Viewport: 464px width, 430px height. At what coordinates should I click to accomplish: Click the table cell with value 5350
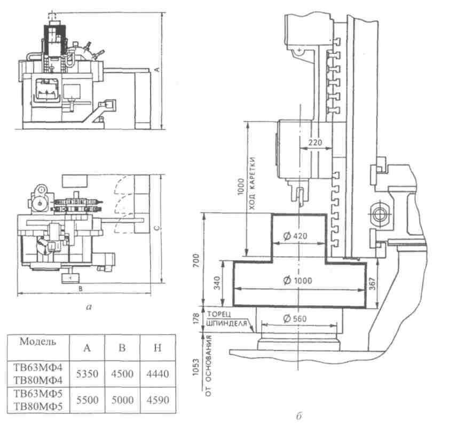87,374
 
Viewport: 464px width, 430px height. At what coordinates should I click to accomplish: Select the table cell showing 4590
158,400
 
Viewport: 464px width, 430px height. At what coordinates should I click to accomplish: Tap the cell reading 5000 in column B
122,400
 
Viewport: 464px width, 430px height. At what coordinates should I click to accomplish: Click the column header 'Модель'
37,342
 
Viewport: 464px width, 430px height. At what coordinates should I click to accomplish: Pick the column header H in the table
158,348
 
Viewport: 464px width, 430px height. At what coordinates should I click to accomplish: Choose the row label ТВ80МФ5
38,407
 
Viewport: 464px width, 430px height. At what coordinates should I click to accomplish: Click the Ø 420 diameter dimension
295,236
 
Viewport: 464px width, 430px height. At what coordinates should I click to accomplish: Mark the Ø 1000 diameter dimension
297,280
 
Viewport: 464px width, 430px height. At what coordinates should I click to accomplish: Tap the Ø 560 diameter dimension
295,318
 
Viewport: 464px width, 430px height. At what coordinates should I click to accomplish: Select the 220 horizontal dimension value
315,142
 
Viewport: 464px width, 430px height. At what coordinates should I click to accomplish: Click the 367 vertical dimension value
372,284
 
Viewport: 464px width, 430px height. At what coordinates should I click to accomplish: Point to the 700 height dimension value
196,260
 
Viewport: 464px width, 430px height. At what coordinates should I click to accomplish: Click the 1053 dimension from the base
196,367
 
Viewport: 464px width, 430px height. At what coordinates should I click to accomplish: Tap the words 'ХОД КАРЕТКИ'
251,184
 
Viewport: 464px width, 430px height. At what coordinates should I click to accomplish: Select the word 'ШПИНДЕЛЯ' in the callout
227,323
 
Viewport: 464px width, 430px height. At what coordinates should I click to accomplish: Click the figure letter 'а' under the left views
89,307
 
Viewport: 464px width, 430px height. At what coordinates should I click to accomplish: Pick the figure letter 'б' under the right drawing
298,417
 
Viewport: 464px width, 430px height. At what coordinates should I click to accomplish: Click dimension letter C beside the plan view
158,228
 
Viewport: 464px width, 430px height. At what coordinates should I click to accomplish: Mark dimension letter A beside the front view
158,70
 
